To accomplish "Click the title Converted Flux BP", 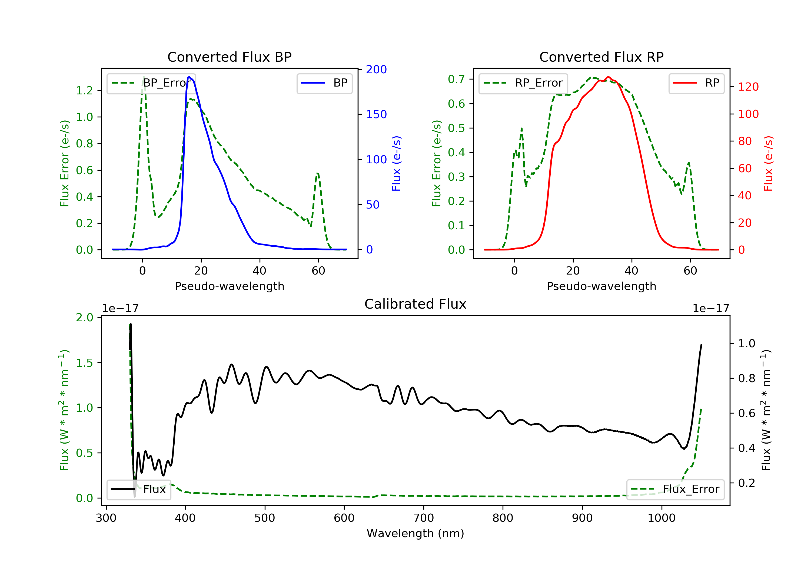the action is (230, 57).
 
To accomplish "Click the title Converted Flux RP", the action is (601, 57).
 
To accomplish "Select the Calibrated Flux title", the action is (416, 304).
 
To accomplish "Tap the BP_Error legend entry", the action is (151, 83).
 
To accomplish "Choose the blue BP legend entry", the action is (324, 83).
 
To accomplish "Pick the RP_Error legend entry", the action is (523, 83).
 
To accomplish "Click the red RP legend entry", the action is (696, 83).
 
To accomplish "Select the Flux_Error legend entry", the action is (675, 489).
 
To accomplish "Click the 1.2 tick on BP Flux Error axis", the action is (84, 91).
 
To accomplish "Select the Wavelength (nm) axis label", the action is (416, 533).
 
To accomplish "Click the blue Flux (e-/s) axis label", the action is (396, 163).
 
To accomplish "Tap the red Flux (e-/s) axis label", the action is (768, 163).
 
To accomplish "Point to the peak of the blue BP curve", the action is (189, 77).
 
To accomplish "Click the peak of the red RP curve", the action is (608, 77).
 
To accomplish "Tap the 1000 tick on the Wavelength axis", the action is (662, 518).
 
